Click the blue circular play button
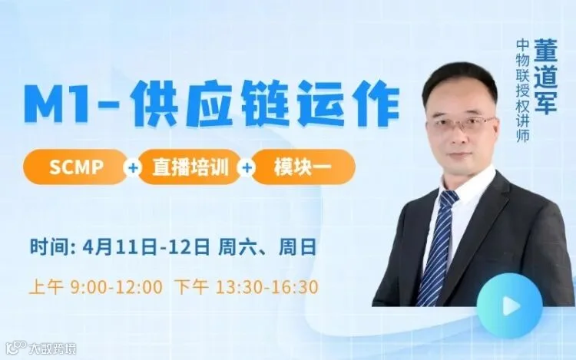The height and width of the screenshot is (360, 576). click(509, 306)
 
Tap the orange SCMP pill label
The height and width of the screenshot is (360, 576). click(75, 167)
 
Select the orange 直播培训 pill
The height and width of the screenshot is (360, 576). click(190, 167)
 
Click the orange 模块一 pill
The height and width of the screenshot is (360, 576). click(303, 167)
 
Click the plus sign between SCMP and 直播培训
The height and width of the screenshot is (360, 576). click(133, 167)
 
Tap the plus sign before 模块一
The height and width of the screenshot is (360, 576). click(247, 167)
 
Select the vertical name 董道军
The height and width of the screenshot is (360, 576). click(545, 76)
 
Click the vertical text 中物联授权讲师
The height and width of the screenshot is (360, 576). click(522, 91)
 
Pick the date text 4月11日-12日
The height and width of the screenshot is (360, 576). click(147, 247)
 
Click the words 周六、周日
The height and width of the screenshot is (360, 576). click(267, 247)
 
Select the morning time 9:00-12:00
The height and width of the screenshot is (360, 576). click(116, 287)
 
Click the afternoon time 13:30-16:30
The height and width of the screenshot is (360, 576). click(266, 287)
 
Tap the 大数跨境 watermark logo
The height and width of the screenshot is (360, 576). click(41, 348)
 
